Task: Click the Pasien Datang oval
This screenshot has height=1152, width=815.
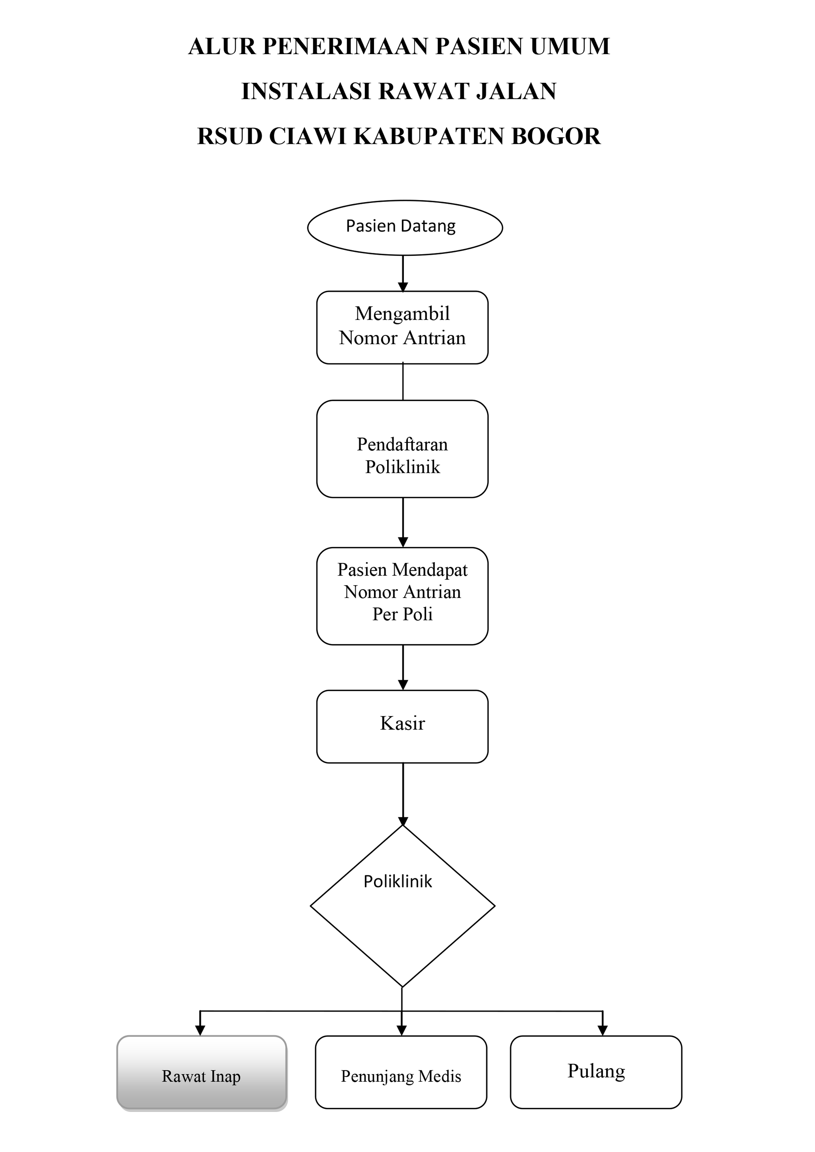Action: [x=405, y=228]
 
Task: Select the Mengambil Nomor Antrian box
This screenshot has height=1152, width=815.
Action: [x=402, y=328]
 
